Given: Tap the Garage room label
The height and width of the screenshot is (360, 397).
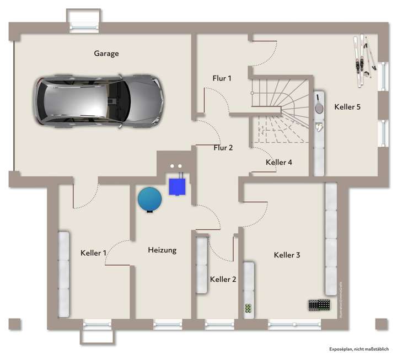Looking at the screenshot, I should click(x=106, y=53).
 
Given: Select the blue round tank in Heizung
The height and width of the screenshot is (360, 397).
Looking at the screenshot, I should click(x=149, y=198).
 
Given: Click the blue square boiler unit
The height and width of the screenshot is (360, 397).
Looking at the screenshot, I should click(x=177, y=185).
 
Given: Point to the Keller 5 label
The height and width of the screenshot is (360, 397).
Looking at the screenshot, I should click(x=347, y=107).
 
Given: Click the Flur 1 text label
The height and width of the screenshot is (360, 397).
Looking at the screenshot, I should click(x=222, y=78).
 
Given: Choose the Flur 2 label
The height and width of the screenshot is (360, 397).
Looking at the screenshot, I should click(x=223, y=147).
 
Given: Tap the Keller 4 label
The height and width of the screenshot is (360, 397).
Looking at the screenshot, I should click(x=278, y=162).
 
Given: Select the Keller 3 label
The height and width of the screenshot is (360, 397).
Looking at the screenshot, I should click(x=287, y=255).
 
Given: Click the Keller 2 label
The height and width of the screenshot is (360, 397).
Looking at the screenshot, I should click(x=223, y=280).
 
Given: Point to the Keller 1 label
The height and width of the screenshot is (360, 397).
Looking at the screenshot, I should click(x=93, y=253).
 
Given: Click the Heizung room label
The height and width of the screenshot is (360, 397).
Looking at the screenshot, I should click(x=162, y=250).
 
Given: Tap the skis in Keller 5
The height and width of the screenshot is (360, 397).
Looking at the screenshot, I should click(x=363, y=61).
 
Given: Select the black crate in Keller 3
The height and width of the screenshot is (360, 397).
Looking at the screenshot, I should click(x=320, y=304).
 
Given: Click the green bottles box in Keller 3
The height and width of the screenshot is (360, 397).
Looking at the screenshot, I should click(x=248, y=309).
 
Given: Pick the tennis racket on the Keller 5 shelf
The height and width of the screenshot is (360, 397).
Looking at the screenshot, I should click(x=319, y=105).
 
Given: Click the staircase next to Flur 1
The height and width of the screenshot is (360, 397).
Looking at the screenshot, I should click(x=278, y=110).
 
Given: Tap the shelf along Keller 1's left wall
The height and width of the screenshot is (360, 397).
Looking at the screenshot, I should click(x=64, y=274).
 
